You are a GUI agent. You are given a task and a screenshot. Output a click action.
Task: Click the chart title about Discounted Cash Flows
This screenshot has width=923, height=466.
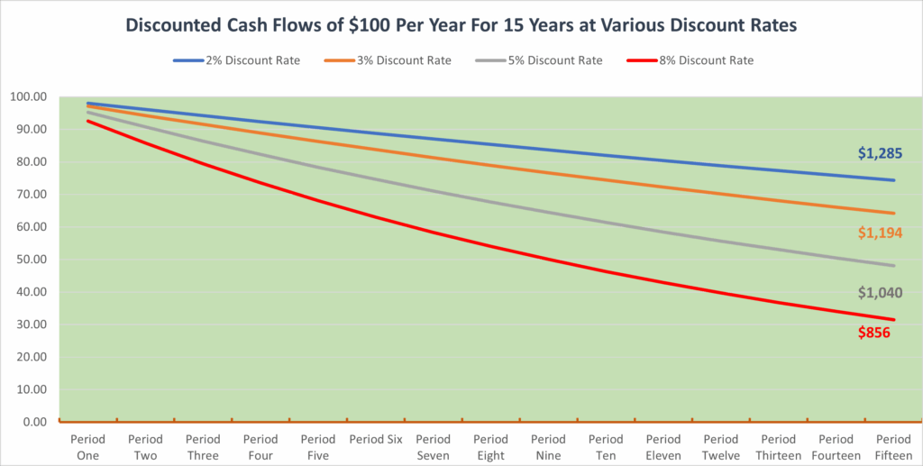coord(461,25)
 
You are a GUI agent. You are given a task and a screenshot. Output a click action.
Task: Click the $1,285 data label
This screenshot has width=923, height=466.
coord(880,153)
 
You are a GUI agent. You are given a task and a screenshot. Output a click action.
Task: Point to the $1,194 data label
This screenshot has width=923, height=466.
coord(880,233)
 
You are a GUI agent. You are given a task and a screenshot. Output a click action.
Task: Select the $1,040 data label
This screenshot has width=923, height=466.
coord(880,293)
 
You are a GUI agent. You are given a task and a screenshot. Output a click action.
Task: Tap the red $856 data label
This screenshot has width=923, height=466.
coord(874,333)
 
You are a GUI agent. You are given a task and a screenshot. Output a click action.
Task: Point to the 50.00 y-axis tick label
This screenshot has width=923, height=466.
coord(29,260)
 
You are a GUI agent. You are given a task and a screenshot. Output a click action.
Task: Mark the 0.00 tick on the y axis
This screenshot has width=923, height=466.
coord(32,422)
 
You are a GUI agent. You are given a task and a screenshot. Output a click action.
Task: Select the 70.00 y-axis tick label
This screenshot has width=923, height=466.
coord(29,195)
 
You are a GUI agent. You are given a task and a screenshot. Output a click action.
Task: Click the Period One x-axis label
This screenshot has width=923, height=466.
coord(87,447)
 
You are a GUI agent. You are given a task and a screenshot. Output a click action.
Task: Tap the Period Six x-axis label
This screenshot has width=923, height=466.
coord(376,440)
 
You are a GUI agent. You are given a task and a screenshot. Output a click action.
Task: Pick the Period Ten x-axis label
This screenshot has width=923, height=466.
coord(607,447)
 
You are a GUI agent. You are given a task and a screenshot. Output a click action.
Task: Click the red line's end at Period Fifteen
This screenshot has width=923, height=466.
coord(894,319)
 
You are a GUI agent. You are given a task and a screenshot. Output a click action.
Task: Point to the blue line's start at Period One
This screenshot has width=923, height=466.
coord(88,104)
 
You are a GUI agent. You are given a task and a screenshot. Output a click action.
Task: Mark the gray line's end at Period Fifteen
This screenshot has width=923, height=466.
coord(894,265)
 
